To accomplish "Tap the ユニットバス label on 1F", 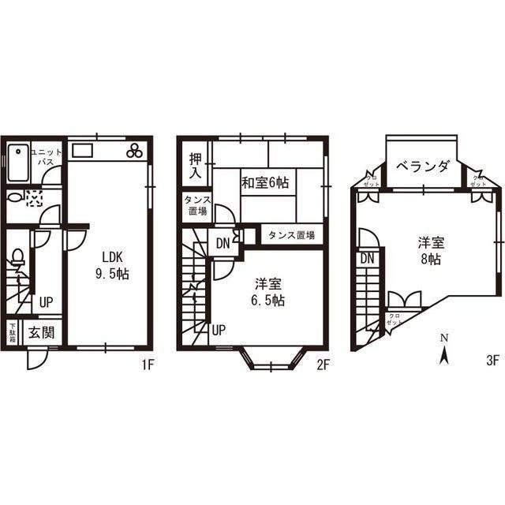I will pos(46,155).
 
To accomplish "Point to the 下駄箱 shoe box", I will pos(13,332).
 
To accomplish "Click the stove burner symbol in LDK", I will pos(134,149).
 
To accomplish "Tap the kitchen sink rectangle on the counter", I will pos(83,149).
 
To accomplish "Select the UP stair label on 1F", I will pos(47,301).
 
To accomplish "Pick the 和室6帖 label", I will pos(264,182).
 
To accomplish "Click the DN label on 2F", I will pos(223,243).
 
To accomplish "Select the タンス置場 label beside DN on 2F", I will pos(291,235).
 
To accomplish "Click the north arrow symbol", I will pos(444,353).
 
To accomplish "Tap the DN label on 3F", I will pos(367,258).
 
